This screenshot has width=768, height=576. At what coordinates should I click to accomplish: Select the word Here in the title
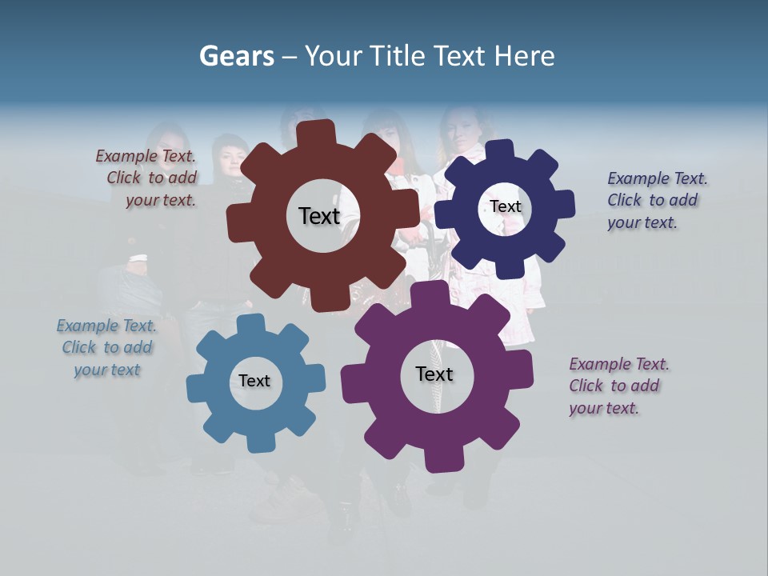(x=523, y=56)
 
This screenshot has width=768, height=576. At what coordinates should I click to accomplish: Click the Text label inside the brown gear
(x=319, y=216)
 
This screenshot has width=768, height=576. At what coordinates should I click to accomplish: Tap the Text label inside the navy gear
(x=506, y=206)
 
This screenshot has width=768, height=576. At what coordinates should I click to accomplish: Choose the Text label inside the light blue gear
(x=254, y=382)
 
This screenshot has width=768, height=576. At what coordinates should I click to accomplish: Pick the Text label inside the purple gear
(x=434, y=374)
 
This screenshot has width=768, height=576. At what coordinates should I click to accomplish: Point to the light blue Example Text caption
(x=106, y=348)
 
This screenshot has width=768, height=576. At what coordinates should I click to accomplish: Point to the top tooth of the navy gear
(x=499, y=150)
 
